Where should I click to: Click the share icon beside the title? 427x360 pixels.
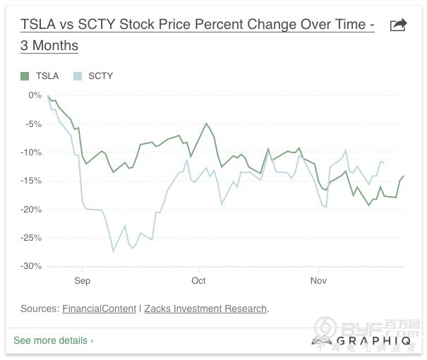(x=399, y=25)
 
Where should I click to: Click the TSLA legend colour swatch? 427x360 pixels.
(x=25, y=76)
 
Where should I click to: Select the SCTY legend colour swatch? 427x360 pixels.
(x=78, y=76)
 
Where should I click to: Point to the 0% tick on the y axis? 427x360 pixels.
(x=35, y=95)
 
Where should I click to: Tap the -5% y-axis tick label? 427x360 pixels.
(x=33, y=124)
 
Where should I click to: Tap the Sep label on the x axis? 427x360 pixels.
(x=82, y=280)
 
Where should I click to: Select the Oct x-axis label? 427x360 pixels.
(x=198, y=280)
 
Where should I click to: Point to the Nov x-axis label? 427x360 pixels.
(x=318, y=280)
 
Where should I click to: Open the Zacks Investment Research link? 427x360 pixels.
(x=206, y=308)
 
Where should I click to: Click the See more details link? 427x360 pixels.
(x=53, y=340)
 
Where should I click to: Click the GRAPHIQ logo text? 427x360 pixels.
(x=361, y=341)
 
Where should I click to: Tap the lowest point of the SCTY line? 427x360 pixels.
(x=113, y=251)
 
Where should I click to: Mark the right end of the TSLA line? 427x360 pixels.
(x=404, y=176)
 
